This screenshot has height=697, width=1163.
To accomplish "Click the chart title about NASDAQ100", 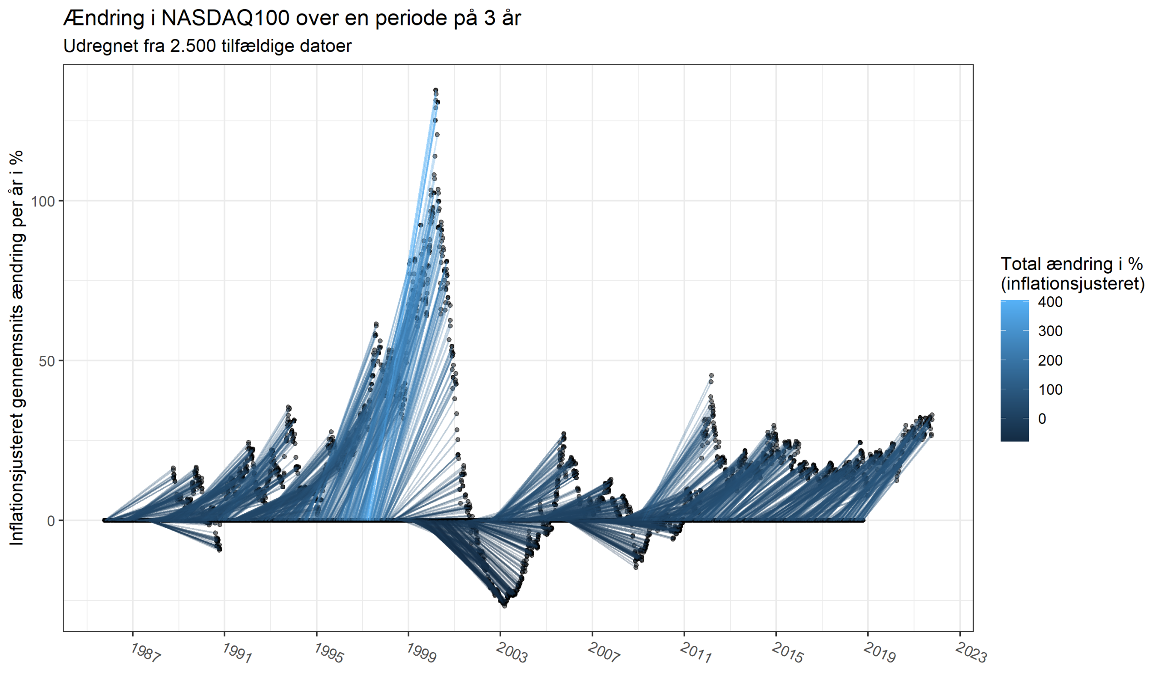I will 292,18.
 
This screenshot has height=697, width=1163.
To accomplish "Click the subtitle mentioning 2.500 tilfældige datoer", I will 207,46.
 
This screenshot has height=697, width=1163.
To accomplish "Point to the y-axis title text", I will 17,348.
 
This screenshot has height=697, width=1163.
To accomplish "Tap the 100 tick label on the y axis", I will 43,201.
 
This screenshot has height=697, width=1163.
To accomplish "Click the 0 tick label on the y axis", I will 51,521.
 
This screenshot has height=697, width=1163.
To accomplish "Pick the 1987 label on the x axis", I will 145,653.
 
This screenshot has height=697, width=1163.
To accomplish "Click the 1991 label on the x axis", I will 237,653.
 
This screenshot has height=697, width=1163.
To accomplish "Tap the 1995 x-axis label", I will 329,653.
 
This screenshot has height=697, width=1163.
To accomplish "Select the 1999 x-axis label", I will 421,653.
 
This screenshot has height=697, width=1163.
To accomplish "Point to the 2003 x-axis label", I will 512,653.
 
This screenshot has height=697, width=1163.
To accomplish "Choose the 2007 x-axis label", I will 604,653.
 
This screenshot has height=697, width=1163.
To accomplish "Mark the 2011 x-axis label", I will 696,653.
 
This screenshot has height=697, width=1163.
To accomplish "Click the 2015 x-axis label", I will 787,653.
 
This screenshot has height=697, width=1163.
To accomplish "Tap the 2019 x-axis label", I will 880,653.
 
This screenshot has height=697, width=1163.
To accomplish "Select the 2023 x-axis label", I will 971,653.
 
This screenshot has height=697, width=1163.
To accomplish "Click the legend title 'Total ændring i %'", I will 1071,264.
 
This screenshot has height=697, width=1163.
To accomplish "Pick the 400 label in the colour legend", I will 1050,302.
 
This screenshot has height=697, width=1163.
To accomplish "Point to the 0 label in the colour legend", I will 1042,419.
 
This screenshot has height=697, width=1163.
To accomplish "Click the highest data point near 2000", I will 436,90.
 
